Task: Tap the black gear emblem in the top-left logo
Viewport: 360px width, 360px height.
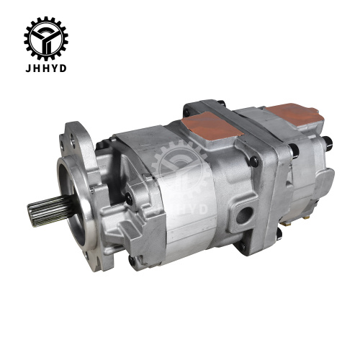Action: pos(48,36)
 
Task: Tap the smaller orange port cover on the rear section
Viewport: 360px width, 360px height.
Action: pos(296,115)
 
